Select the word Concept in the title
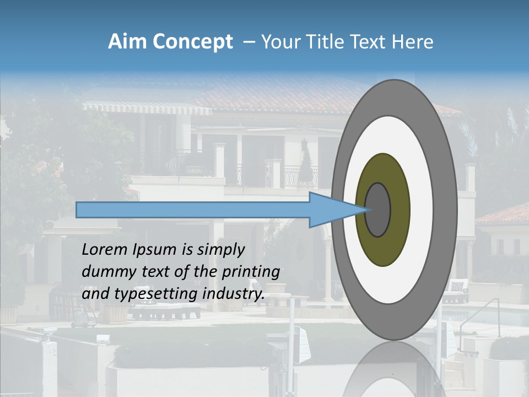coord(193,42)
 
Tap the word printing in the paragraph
coord(250,272)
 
